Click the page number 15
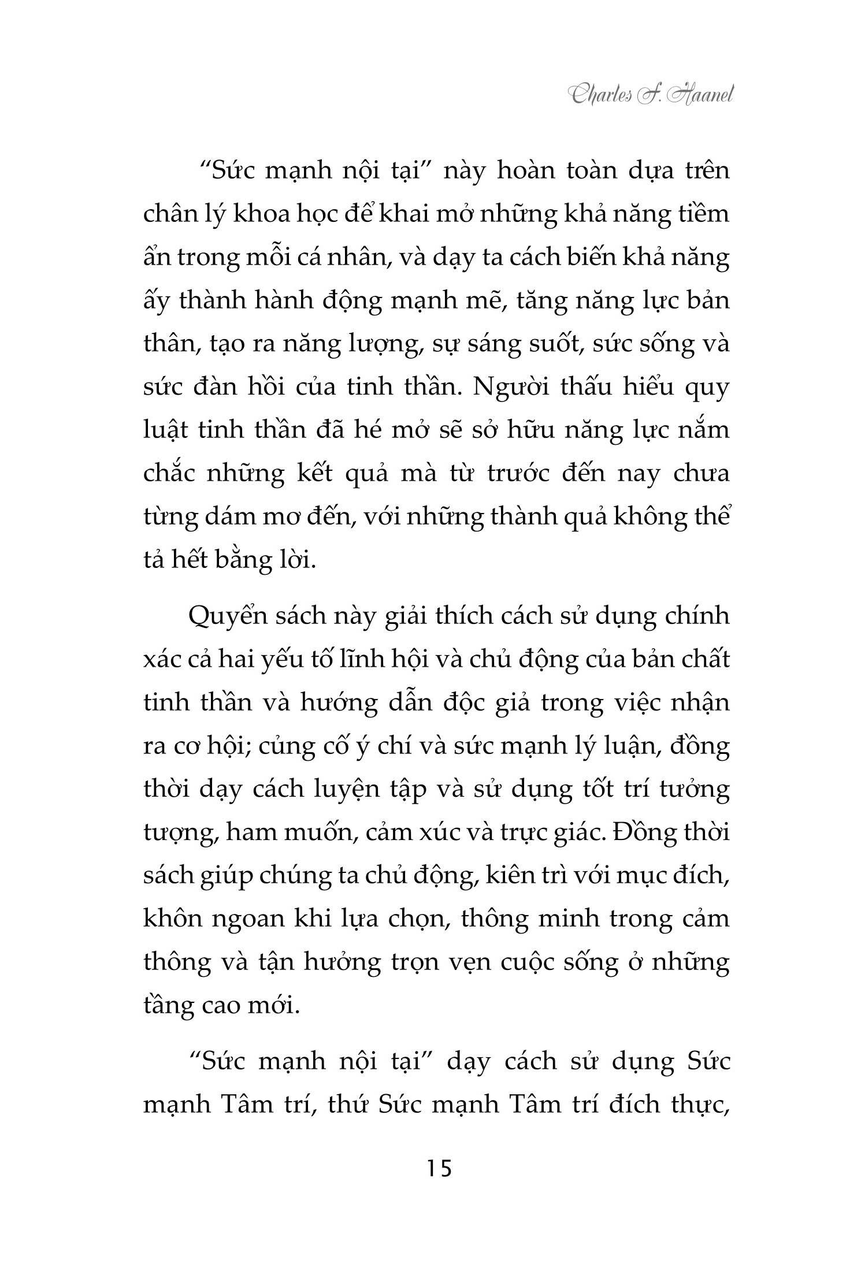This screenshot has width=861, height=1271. point(439,1168)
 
